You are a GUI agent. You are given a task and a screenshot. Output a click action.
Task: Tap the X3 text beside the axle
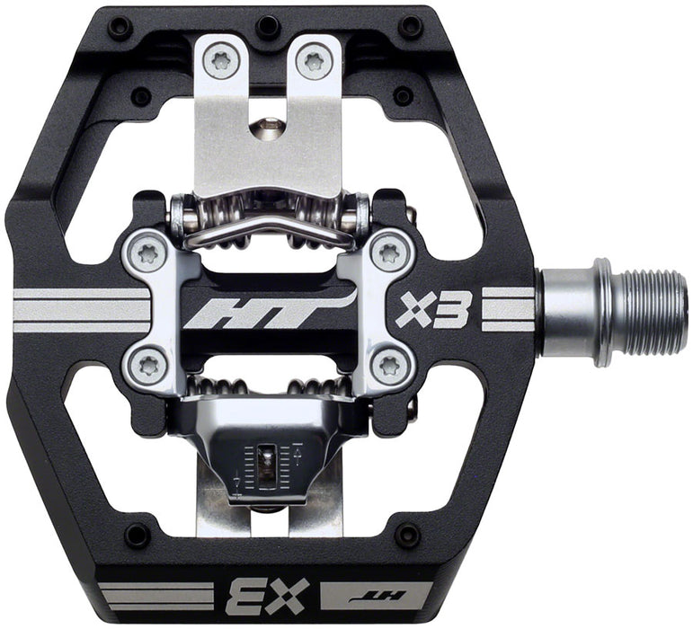point(434,309)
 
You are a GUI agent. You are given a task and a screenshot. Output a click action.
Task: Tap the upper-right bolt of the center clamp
point(388,253)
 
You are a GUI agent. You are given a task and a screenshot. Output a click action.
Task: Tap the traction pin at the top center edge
point(268,26)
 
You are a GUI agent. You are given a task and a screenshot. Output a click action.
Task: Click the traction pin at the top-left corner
point(120,27)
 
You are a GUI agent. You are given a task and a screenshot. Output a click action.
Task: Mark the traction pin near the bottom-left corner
point(136,536)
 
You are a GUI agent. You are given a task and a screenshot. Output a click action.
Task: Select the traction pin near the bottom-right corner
point(406,535)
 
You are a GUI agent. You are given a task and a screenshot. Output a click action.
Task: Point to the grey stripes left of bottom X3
point(154,595)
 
